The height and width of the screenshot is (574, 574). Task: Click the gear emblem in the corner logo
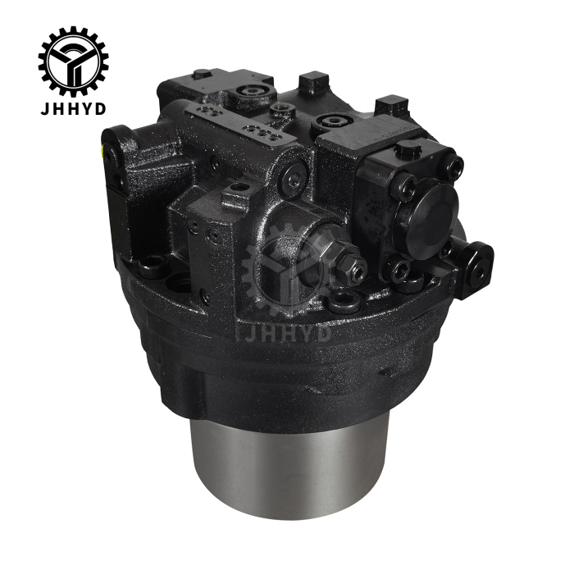73,61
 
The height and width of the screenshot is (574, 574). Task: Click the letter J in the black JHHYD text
44,108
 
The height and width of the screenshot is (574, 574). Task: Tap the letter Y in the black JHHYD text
86,108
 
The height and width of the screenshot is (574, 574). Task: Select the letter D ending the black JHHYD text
100,108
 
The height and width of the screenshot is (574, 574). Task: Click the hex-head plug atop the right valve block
406,150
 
